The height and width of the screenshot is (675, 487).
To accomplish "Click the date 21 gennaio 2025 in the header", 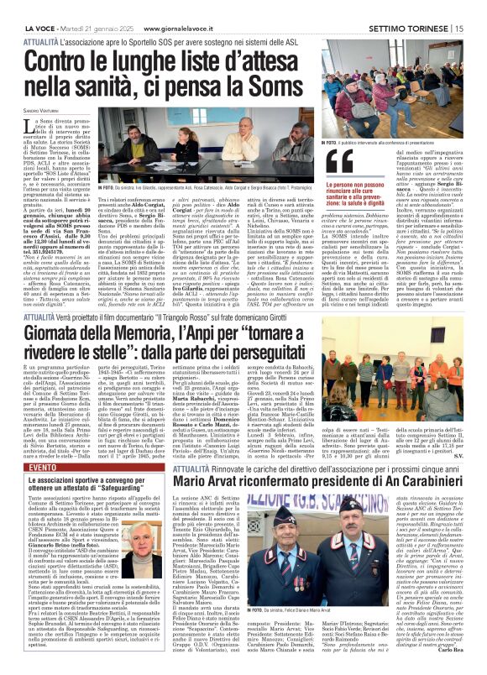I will click(92, 7).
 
